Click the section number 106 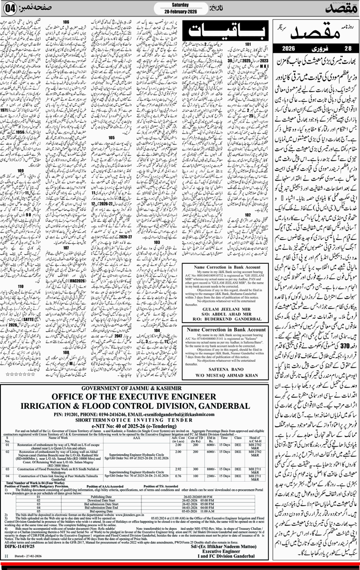66,22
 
